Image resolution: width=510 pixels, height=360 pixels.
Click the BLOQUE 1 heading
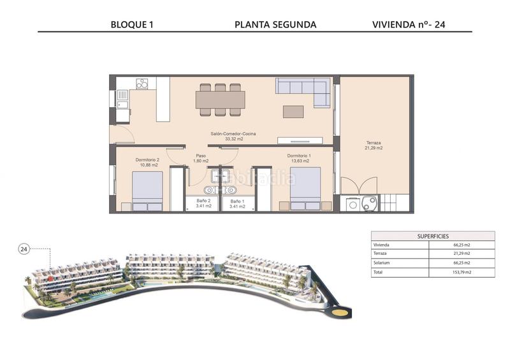click(132, 25)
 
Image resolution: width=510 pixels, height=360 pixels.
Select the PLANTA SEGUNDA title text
click(275, 25)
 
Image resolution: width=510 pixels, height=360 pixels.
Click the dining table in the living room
click(221, 100)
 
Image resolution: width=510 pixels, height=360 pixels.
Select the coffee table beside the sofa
click(293, 112)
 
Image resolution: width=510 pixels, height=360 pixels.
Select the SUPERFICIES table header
click(433, 236)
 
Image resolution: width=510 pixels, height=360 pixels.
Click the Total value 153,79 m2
click(462, 272)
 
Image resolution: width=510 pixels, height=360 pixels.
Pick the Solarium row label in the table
click(382, 263)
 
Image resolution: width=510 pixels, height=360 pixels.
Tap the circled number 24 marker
click(24, 248)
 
